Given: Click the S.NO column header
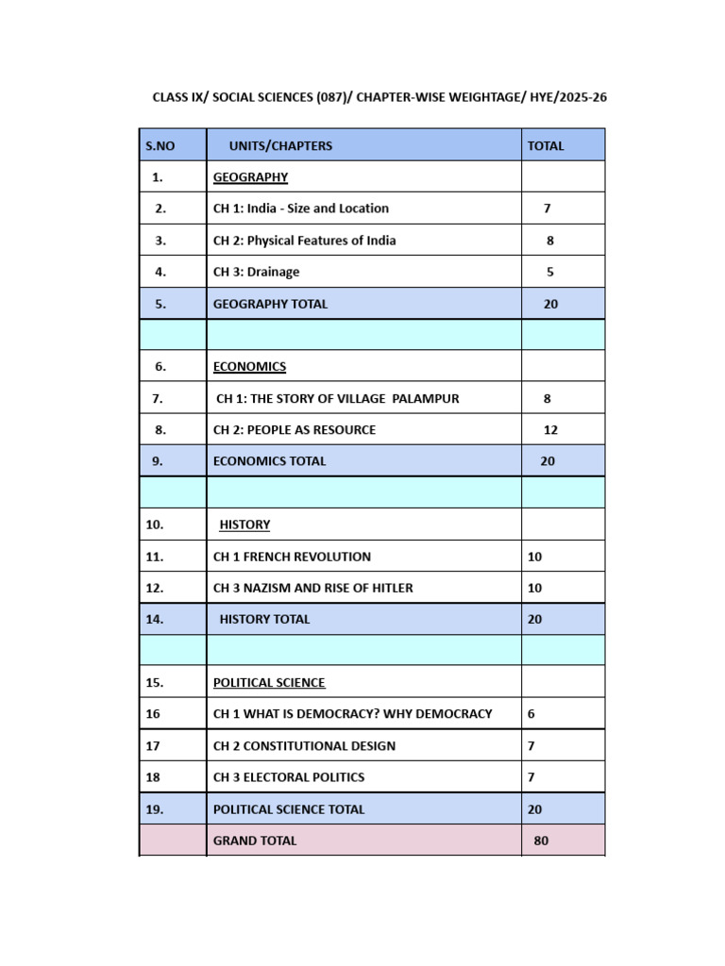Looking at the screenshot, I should coord(160,146).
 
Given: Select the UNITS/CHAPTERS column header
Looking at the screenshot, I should coord(280,146).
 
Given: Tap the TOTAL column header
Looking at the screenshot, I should coord(546,146).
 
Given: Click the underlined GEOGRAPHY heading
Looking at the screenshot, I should coord(250,177).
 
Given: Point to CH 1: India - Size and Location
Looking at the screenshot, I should coord(300,208).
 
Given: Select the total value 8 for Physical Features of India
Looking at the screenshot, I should coord(550,241).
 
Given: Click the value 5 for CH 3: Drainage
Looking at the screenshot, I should coord(550,272).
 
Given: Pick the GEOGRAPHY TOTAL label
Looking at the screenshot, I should coord(270,304).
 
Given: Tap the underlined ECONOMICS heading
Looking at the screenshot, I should coord(249,367).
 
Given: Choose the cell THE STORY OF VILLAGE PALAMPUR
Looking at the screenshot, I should coord(337,399).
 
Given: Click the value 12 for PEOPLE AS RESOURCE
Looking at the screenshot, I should coord(550,430).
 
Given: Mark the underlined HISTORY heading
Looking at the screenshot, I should coord(244,525).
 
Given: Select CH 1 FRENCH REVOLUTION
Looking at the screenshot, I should coord(292,557).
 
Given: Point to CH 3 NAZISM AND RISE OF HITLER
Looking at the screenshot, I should coord(312,588).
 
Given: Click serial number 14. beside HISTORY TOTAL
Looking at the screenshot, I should coord(155,620).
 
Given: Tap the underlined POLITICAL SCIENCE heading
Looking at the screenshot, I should coord(269,683).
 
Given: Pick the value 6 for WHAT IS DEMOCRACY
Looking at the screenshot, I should coord(531,714).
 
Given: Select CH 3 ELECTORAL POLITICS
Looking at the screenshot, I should coord(289,777).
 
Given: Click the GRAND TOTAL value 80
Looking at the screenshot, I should coord(541,841).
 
